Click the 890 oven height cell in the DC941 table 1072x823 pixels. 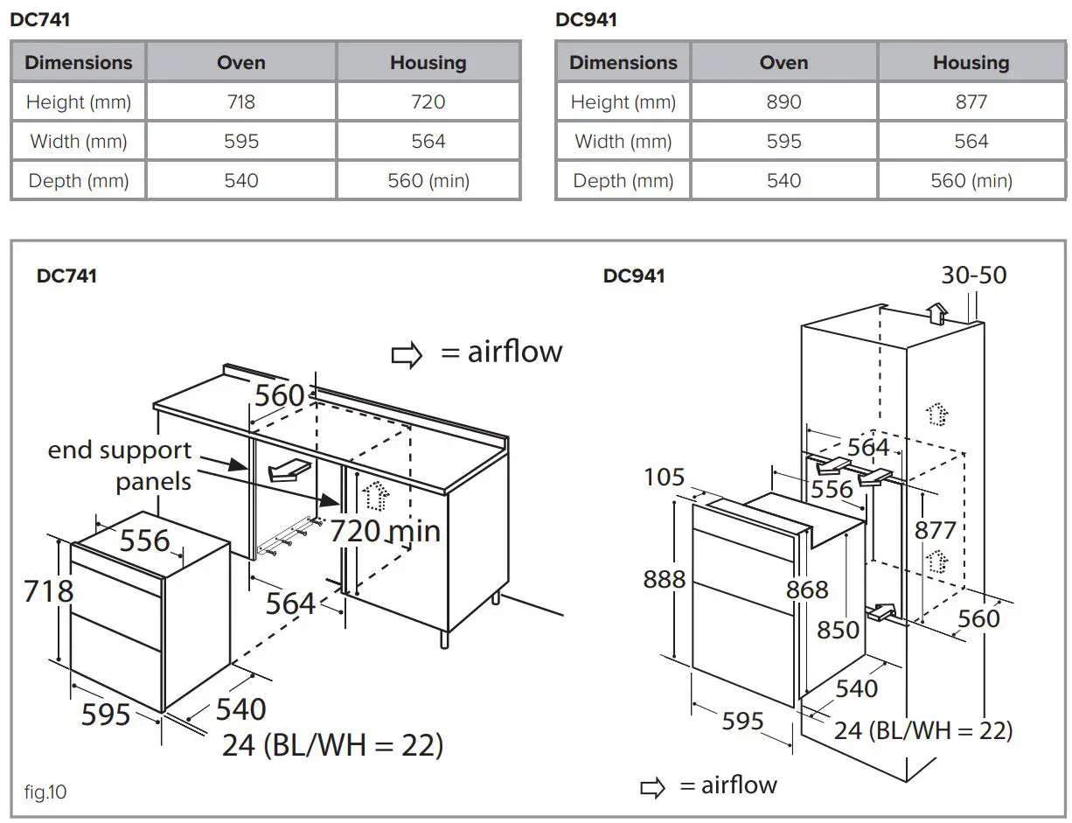[783, 102]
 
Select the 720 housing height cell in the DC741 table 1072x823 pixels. [428, 102]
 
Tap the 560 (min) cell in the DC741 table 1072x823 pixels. [428, 181]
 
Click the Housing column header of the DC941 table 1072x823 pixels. [971, 63]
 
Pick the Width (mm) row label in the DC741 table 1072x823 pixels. [79, 142]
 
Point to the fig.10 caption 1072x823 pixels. [45, 792]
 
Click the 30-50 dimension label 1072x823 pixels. [973, 275]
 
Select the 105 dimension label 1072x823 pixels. [665, 478]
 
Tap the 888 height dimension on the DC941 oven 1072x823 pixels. [665, 579]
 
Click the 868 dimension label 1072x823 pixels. [806, 589]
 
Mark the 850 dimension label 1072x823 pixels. [838, 629]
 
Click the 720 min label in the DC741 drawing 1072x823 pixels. [385, 531]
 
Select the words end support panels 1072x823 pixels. [120, 465]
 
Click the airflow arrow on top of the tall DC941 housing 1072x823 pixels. [936, 312]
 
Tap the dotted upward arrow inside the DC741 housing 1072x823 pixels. [376, 496]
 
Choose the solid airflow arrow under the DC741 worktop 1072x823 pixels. [289, 470]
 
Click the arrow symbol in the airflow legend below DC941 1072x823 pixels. [652, 788]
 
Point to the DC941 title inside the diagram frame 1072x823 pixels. [634, 276]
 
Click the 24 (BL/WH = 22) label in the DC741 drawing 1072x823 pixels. [332, 745]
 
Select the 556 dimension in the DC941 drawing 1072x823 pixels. [831, 488]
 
